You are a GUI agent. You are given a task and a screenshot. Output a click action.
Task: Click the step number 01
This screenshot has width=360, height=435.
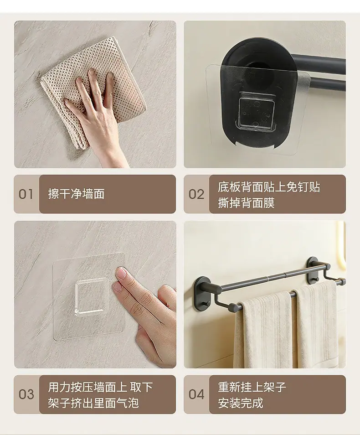coord(26,194)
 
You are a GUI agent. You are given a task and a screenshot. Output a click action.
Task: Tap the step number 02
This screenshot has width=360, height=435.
coord(196,194)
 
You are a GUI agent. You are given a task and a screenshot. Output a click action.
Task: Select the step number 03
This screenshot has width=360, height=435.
coord(26,394)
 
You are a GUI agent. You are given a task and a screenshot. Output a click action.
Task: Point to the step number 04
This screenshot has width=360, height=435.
coord(196,394)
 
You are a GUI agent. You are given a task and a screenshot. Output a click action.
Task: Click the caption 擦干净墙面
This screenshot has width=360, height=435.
coord(76,194)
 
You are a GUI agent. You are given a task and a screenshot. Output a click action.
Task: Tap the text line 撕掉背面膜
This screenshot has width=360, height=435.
coord(246,203)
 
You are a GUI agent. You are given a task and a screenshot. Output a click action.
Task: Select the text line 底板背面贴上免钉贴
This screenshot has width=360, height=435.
coord(269,187)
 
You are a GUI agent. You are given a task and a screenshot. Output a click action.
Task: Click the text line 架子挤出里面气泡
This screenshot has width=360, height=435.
coord(93,403)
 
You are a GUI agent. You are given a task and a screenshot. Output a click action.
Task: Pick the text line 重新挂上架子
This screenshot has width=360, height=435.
coord(252,387)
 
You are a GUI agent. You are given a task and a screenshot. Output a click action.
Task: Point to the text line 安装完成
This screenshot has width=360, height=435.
coord(241,403)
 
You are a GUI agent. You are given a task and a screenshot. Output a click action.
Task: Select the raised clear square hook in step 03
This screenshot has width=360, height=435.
coord(92,297)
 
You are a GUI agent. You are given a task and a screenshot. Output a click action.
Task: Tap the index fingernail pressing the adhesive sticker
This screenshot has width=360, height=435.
coord(122,274)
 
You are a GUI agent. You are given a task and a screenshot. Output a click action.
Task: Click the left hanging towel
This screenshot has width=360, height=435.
coord(262,330)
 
